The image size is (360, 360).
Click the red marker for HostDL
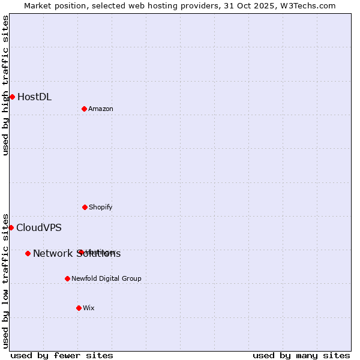pos(12,97)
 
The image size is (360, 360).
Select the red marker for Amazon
pos(84,109)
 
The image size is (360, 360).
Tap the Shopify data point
pos(85,207)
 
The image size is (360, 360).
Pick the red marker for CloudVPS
pos(11,227)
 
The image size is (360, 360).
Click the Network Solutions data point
pos(28,253)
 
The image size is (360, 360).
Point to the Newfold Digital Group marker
pos(67,278)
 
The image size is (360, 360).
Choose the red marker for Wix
pos(79,308)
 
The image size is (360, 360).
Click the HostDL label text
pos(34,97)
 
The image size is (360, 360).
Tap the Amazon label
pos(100,109)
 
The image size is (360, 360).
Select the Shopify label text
pos(100,207)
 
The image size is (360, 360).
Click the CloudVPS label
pos(38,227)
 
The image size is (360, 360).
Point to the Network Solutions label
pos(76,253)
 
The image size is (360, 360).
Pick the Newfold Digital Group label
pos(106,278)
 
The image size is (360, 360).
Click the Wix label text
pos(88,308)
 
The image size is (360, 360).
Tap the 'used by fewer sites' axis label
pos(62,355)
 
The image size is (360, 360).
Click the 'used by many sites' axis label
pos(301,355)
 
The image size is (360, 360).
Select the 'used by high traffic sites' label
pos(5,85)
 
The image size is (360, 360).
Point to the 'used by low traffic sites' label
pos(5,281)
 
